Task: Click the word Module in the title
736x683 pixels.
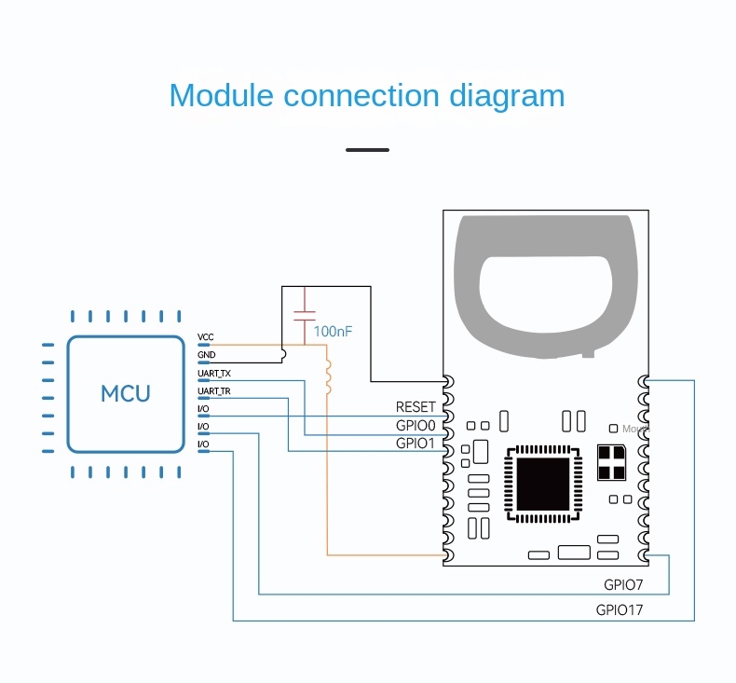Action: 222,96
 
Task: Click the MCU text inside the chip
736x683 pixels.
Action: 126,393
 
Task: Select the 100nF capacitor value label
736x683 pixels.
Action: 334,331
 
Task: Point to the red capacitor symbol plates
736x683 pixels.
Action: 304,315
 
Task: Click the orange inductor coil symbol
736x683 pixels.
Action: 327,376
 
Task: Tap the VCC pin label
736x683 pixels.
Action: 205,336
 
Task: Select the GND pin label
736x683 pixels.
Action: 206,355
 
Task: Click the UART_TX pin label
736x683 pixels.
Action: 214,373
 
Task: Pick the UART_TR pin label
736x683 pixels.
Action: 214,390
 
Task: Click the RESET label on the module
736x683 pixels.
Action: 416,407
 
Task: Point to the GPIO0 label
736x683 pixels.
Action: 416,425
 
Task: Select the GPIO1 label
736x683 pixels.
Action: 416,443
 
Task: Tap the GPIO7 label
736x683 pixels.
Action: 623,585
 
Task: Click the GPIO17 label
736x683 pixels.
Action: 620,610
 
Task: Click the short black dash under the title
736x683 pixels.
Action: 367,149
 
